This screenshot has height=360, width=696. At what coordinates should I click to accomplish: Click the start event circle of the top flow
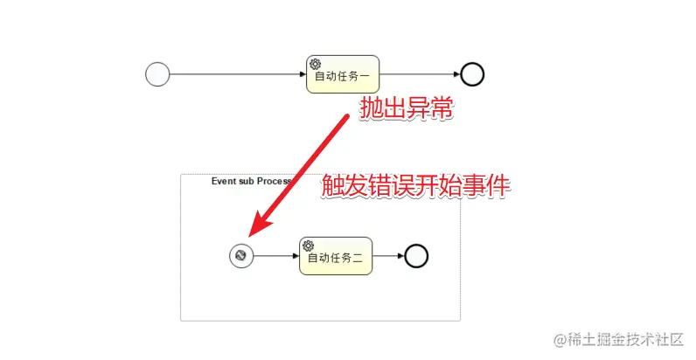(x=157, y=75)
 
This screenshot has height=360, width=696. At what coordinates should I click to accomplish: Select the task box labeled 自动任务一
(x=342, y=74)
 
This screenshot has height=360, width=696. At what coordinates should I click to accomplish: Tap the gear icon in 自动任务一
(x=316, y=64)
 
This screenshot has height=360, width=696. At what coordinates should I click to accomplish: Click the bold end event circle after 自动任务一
(x=472, y=75)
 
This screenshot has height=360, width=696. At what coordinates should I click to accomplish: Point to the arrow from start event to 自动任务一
(x=236, y=75)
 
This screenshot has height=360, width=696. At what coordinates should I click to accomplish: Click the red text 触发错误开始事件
(x=415, y=186)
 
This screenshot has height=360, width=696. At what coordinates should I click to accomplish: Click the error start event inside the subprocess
(x=241, y=256)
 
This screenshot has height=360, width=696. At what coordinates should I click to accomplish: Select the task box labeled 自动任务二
(x=336, y=256)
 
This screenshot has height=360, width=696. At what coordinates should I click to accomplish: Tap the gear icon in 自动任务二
(x=309, y=246)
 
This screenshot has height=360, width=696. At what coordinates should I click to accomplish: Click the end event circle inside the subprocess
(x=416, y=256)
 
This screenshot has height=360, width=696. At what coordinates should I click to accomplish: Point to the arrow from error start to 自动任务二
(x=275, y=256)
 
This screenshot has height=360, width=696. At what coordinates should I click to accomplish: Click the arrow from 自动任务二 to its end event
(x=387, y=256)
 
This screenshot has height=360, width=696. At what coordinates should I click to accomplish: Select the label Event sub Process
(x=250, y=181)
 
